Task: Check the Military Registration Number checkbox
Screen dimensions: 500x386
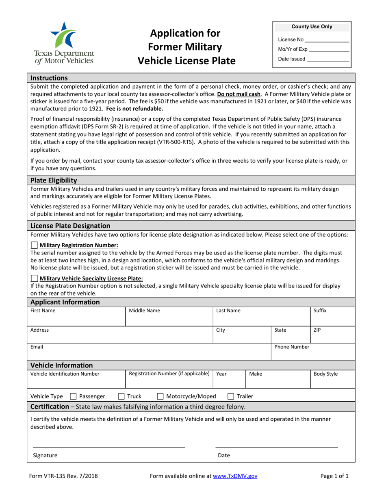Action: (35, 245)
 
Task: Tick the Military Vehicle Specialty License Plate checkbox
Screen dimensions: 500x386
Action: (35, 278)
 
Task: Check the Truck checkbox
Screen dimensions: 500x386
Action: (121, 396)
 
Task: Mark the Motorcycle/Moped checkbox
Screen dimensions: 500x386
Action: (160, 396)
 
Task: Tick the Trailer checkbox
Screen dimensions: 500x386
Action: (230, 396)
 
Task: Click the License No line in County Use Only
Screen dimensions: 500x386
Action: (327, 40)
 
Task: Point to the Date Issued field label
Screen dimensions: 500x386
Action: (291, 59)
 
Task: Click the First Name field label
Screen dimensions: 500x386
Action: (43, 311)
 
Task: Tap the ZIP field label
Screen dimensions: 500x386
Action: (317, 330)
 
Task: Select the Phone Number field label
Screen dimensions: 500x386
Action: (292, 347)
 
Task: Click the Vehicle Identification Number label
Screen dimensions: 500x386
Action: (65, 374)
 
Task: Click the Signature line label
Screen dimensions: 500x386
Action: (45, 456)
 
